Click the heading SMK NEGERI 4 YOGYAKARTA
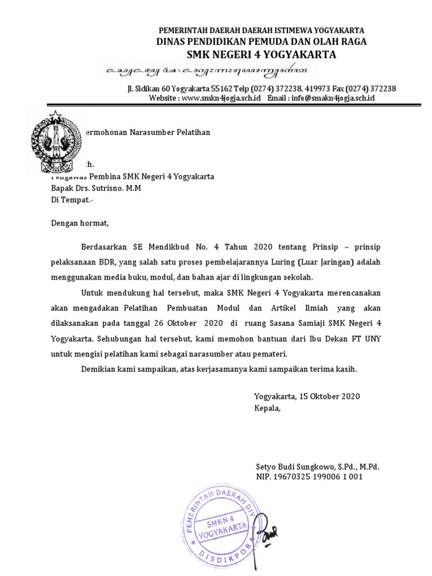click(x=262, y=55)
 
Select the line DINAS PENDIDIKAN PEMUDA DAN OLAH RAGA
click(x=262, y=42)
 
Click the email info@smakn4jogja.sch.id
click(x=332, y=98)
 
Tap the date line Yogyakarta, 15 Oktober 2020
click(x=307, y=397)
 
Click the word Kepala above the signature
click(x=267, y=408)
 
